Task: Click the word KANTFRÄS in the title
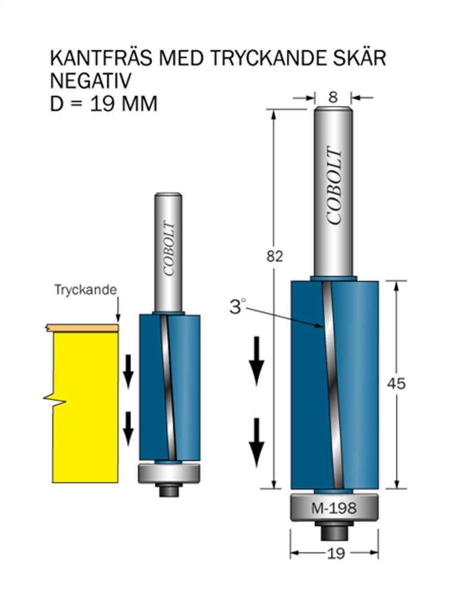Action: (101, 58)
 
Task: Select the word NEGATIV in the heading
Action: (91, 81)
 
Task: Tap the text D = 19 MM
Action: (104, 104)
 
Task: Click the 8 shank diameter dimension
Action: (333, 97)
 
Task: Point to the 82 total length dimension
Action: (274, 257)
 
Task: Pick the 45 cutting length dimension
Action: (396, 384)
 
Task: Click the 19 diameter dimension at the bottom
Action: (335, 553)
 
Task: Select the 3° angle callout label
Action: (237, 306)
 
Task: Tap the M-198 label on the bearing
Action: (334, 508)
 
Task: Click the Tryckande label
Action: (85, 290)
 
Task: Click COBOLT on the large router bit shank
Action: (334, 186)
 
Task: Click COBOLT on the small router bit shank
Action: (168, 249)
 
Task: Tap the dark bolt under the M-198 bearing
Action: (334, 531)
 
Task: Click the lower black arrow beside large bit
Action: (256, 443)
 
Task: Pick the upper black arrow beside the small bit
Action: (129, 371)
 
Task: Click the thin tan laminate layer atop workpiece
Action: (81, 328)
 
